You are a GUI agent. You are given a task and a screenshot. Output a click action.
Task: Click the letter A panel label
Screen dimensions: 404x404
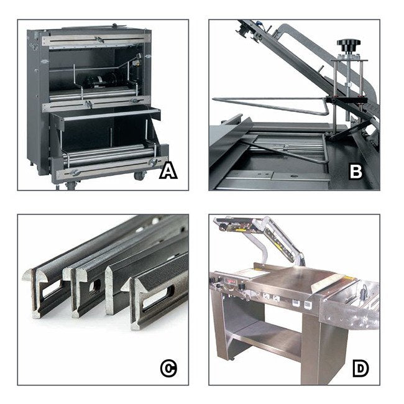pos(168,172)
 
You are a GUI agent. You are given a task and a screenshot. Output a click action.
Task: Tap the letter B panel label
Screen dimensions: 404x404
pos(356,172)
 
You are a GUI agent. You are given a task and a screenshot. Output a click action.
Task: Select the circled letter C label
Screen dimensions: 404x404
pos(168,369)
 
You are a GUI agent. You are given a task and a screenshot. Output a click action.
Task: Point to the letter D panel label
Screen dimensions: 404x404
pos(360,369)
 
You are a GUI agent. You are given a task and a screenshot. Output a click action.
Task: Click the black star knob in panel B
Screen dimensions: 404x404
pos(349,46)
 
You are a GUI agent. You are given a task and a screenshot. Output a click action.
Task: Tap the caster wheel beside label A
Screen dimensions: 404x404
pos(140,176)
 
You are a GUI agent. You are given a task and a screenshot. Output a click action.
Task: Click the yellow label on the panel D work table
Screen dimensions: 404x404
pos(348,278)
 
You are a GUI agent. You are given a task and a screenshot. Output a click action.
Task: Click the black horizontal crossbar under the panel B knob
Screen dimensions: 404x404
pos(346,99)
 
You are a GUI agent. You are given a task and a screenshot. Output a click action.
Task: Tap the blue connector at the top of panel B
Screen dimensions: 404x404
pos(261,24)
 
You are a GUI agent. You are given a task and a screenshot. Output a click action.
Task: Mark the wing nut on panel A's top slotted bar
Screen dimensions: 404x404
pos(99,39)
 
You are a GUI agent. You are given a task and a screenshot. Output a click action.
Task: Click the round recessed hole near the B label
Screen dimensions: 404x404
pos(292,176)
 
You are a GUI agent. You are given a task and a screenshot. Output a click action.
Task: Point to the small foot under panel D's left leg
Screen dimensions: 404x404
pos(232,359)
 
